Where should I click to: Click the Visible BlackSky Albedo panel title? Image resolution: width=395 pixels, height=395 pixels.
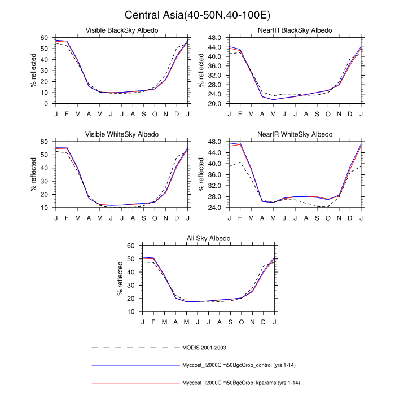tap(122, 30)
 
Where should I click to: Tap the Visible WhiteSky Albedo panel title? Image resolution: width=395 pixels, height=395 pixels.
tap(122, 134)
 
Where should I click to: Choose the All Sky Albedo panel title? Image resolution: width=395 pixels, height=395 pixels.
tap(208, 238)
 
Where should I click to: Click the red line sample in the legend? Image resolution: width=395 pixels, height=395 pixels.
tap(134, 383)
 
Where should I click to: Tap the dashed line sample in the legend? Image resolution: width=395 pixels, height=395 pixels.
tap(134, 347)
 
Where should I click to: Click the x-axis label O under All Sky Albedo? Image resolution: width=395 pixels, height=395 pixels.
tap(242, 322)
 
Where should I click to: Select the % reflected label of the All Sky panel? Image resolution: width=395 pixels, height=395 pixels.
tap(120, 279)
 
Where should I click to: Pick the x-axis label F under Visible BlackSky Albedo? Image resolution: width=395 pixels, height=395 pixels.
tap(67, 114)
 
